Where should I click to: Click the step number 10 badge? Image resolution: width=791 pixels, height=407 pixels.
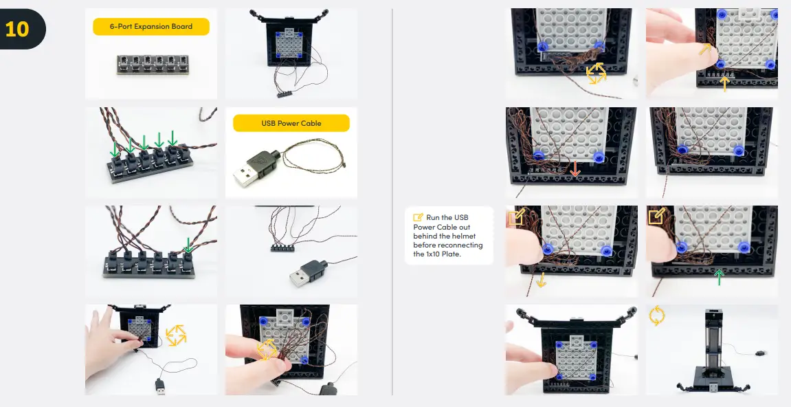coord(19,29)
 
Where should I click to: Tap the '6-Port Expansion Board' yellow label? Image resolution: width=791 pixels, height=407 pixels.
coord(151,27)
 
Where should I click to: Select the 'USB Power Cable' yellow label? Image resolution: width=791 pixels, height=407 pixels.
coord(291,124)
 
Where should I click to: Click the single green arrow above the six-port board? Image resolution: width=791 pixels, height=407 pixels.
coord(188,244)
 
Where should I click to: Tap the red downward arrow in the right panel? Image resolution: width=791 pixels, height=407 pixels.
coord(575,168)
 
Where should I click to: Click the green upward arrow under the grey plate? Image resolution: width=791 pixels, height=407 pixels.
coord(719,278)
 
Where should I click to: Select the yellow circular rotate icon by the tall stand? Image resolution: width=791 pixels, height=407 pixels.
coord(657,316)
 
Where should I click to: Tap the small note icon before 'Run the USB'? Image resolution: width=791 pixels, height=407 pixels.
coord(418,218)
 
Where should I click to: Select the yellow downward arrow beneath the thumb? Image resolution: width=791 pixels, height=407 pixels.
coord(541,280)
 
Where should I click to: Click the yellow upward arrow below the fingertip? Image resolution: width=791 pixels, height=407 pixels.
coord(723,84)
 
